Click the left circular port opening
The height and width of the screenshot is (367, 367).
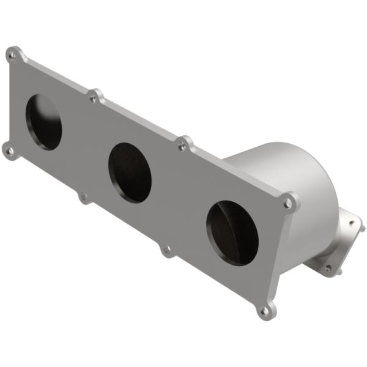coord(43,122)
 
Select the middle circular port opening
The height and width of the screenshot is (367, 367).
coord(130,173)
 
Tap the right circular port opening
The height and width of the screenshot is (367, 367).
coord(232,232)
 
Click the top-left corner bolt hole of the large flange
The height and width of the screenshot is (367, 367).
coord(12,54)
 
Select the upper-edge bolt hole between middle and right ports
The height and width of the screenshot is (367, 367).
coord(182,146)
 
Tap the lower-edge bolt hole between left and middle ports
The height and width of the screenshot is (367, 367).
coord(84,196)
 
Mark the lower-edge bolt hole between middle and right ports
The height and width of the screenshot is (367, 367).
coord(166,249)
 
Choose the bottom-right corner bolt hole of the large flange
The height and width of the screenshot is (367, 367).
coord(264,311)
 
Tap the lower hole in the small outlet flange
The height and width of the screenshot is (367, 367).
coord(328,268)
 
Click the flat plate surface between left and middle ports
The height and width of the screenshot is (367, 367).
coord(86,147)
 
